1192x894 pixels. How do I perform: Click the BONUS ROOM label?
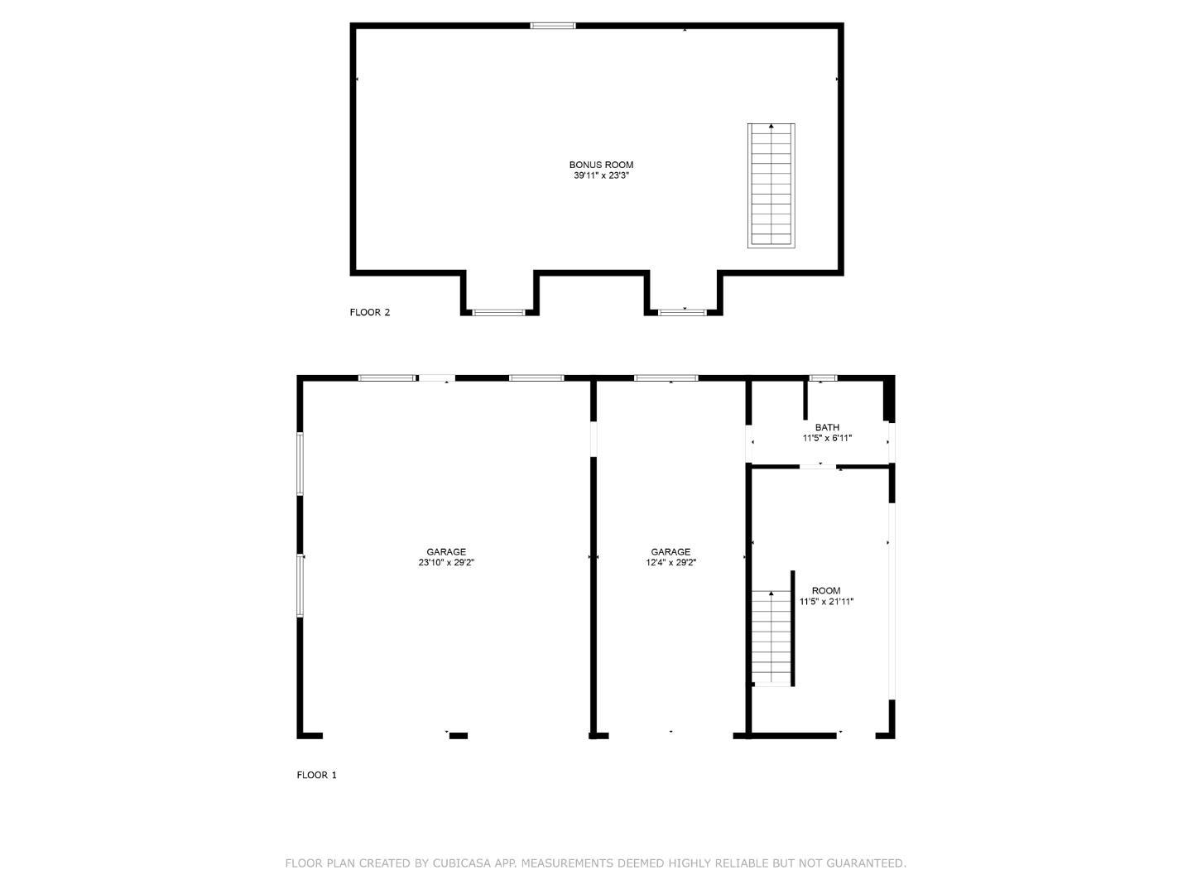click(x=601, y=165)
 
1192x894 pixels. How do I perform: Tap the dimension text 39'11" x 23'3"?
click(x=601, y=175)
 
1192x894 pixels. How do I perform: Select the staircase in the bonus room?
click(x=771, y=185)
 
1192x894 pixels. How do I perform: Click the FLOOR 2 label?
click(x=369, y=312)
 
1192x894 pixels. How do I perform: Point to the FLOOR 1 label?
click(x=316, y=776)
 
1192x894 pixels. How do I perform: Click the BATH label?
click(x=827, y=428)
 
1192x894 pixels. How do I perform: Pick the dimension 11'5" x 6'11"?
click(x=827, y=439)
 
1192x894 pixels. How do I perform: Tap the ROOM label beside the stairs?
click(x=826, y=591)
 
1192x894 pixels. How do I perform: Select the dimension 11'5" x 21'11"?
click(x=826, y=602)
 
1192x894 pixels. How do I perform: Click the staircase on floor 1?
click(x=771, y=637)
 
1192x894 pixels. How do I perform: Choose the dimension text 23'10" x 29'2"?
click(x=446, y=563)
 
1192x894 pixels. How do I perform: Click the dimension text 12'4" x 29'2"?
click(x=670, y=563)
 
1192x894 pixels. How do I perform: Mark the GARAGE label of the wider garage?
click(x=446, y=552)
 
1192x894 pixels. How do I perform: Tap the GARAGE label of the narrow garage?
click(x=670, y=552)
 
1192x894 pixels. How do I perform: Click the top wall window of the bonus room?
click(x=552, y=26)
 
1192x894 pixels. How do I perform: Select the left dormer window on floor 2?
click(x=498, y=312)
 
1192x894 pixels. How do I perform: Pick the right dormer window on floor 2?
click(x=682, y=312)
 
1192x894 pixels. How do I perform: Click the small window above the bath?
click(x=823, y=378)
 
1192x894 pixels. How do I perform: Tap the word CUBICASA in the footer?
click(x=464, y=863)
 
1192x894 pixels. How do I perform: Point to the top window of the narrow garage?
click(x=666, y=378)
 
